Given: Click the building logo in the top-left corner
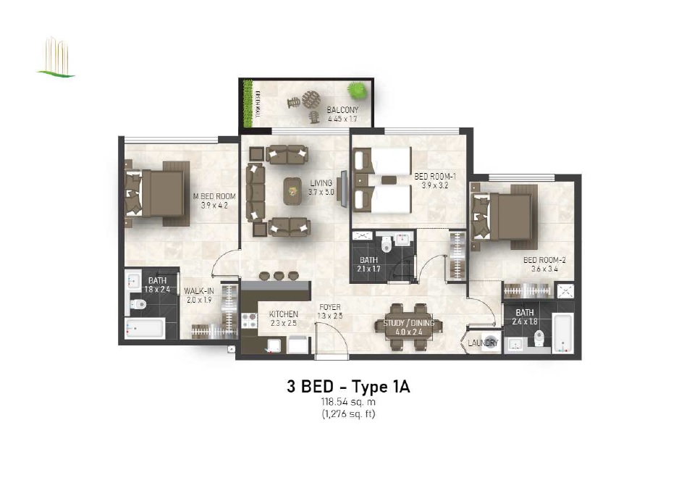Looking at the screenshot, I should pos(56,57).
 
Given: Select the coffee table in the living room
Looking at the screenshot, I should pos(293,190).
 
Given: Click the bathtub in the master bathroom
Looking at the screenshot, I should pos(144,329).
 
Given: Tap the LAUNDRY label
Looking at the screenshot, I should pos(481,343).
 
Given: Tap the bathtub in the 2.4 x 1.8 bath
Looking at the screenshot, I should pos(563,335).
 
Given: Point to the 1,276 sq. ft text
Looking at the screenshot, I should pos(348,414).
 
